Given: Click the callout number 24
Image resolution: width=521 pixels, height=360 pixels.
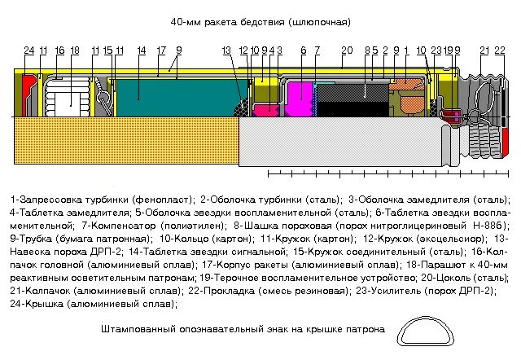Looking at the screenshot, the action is (29, 51).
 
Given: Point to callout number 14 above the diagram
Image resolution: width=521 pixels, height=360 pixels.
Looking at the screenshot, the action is (142, 51).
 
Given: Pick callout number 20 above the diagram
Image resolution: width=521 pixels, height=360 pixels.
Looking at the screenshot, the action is (347, 51).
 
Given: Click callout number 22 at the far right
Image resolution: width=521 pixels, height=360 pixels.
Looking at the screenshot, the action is (500, 51).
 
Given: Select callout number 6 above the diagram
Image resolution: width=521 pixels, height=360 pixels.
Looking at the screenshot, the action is (303, 51).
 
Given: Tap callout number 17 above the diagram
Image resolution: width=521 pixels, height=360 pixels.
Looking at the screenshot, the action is (161, 51).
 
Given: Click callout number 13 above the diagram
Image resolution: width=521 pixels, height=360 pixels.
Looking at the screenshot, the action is (226, 51).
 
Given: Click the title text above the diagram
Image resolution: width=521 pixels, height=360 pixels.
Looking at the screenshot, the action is (260, 21).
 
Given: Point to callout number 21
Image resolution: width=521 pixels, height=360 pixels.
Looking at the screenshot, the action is (484, 51).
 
